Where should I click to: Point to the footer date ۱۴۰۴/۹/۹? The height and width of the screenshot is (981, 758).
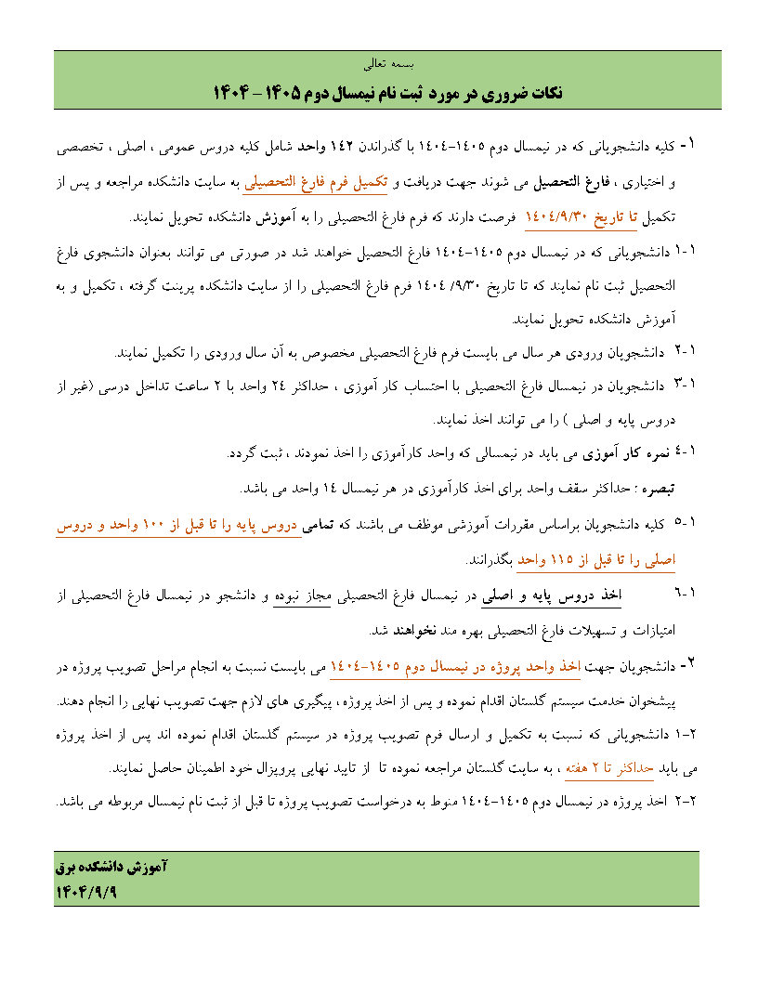[89, 890]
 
